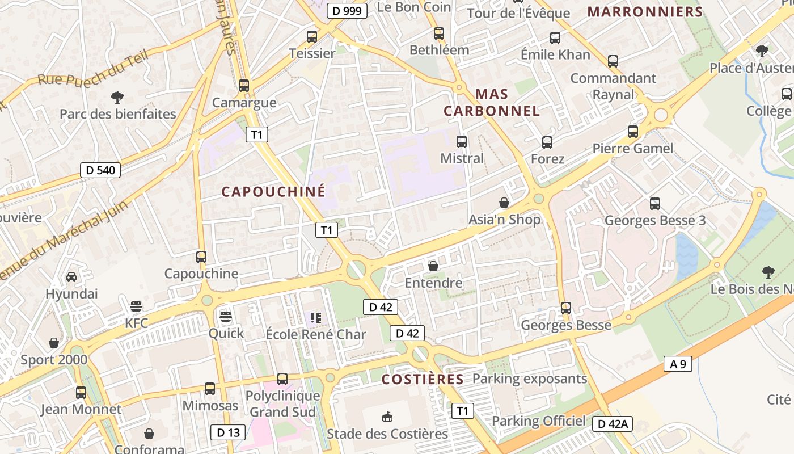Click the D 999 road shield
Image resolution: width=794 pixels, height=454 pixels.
click(347, 10)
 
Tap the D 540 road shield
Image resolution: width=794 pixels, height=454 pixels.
click(100, 170)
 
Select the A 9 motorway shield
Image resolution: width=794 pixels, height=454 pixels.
click(678, 364)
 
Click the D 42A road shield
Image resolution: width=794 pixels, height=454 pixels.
click(613, 424)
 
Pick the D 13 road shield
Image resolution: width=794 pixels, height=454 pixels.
click(228, 432)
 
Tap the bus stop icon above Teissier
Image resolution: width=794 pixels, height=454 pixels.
click(312, 37)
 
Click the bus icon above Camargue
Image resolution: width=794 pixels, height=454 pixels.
click(244, 86)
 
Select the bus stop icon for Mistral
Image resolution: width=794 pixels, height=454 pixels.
click(462, 142)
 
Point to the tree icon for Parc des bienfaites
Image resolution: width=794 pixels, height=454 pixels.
click(117, 97)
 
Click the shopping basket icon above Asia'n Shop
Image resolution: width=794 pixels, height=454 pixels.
click(504, 202)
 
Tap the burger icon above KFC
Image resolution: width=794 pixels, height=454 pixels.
click(136, 307)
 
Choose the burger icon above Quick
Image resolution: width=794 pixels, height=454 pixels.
click(226, 316)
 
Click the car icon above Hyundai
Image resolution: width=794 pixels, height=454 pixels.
click(71, 277)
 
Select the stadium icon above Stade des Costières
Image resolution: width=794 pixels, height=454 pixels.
click(387, 417)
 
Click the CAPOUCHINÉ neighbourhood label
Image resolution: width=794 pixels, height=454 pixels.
click(273, 192)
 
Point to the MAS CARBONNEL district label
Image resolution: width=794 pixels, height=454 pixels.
click(492, 102)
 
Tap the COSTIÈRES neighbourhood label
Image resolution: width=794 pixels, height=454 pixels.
click(423, 379)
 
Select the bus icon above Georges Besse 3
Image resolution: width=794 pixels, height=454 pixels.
click(655, 203)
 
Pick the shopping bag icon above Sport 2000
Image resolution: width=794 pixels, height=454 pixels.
click(54, 343)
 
